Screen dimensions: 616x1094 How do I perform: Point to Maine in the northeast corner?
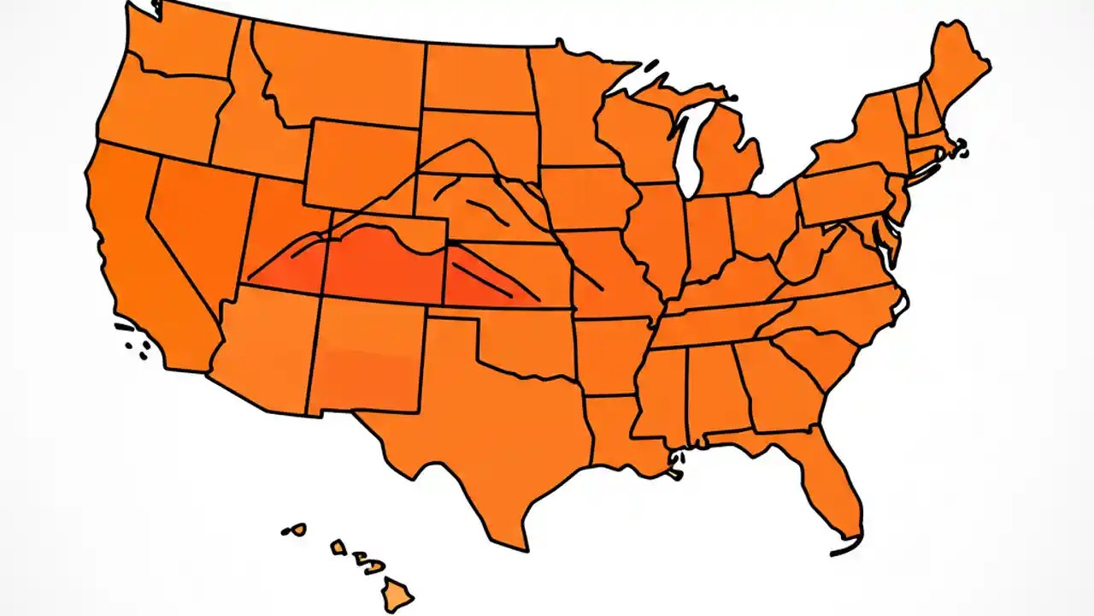(x=957, y=68)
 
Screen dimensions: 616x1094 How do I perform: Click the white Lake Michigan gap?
(x=688, y=150)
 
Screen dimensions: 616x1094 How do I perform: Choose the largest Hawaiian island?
(x=397, y=591)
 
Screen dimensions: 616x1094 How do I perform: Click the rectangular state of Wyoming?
(x=359, y=163)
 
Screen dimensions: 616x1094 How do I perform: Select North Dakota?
(x=474, y=77)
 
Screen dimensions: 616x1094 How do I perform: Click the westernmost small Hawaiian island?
(x=296, y=530)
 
